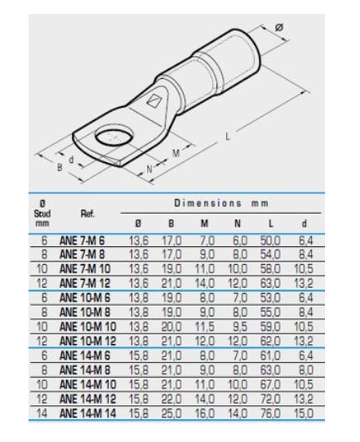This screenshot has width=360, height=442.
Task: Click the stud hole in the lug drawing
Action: tap(113, 137)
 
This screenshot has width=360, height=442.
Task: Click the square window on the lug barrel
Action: tap(153, 101)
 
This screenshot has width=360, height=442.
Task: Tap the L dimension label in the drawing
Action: tap(228, 136)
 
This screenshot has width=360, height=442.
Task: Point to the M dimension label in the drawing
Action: tap(176, 153)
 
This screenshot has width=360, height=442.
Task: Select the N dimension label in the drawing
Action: tap(150, 169)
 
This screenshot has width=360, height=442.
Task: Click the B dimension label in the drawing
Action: tap(59, 167)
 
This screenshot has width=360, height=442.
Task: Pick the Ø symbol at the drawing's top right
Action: tap(279, 28)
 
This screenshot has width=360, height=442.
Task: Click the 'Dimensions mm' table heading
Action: tap(221, 203)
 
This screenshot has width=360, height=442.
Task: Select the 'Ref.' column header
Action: tap(88, 214)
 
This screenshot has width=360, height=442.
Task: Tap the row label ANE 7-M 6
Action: tap(82, 241)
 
